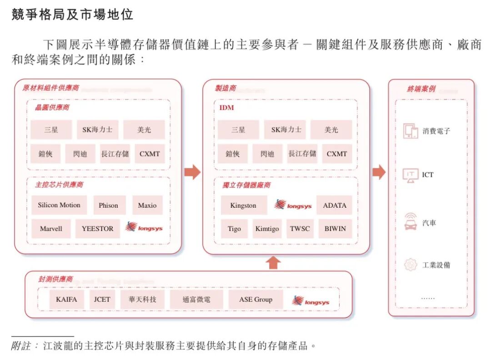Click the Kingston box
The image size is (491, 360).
pos(244,205)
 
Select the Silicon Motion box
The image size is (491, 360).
pos(59,205)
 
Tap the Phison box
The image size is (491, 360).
pos(108,205)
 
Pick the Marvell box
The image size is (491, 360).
pos(51,229)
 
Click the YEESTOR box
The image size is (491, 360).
pos(97,229)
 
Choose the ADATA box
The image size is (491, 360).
pos(335,205)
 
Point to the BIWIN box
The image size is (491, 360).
pos(335,229)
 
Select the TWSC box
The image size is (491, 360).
pos(300,229)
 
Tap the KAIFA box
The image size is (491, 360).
pos(67,299)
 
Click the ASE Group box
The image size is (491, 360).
pos(256,299)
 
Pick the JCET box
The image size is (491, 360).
pos(102,299)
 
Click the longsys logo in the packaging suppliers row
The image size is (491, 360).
pos(311,301)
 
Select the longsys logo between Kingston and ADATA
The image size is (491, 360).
pos(293,205)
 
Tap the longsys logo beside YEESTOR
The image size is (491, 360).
pos(144,227)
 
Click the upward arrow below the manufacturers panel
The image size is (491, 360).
pos(273,263)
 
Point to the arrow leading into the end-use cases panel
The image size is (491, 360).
pos(379,172)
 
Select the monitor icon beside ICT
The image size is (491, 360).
pos(411,175)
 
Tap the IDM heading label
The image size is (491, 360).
pos(227,108)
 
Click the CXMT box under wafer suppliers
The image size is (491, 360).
pos(150,154)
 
